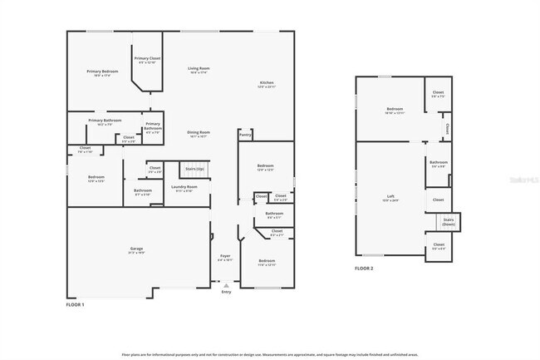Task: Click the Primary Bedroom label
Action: click(x=102, y=73)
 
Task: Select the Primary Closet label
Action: click(x=147, y=60)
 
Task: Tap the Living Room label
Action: click(x=198, y=71)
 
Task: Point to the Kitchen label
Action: click(x=266, y=84)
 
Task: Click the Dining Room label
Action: click(x=198, y=134)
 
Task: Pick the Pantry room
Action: click(x=245, y=133)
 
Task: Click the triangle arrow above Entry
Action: click(x=226, y=285)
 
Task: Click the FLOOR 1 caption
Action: click(x=75, y=305)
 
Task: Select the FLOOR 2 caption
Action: click(x=364, y=269)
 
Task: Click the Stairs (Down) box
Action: click(x=449, y=222)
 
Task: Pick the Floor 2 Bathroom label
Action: click(x=438, y=164)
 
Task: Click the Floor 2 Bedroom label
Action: click(x=394, y=110)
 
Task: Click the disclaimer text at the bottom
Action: click(x=270, y=353)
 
